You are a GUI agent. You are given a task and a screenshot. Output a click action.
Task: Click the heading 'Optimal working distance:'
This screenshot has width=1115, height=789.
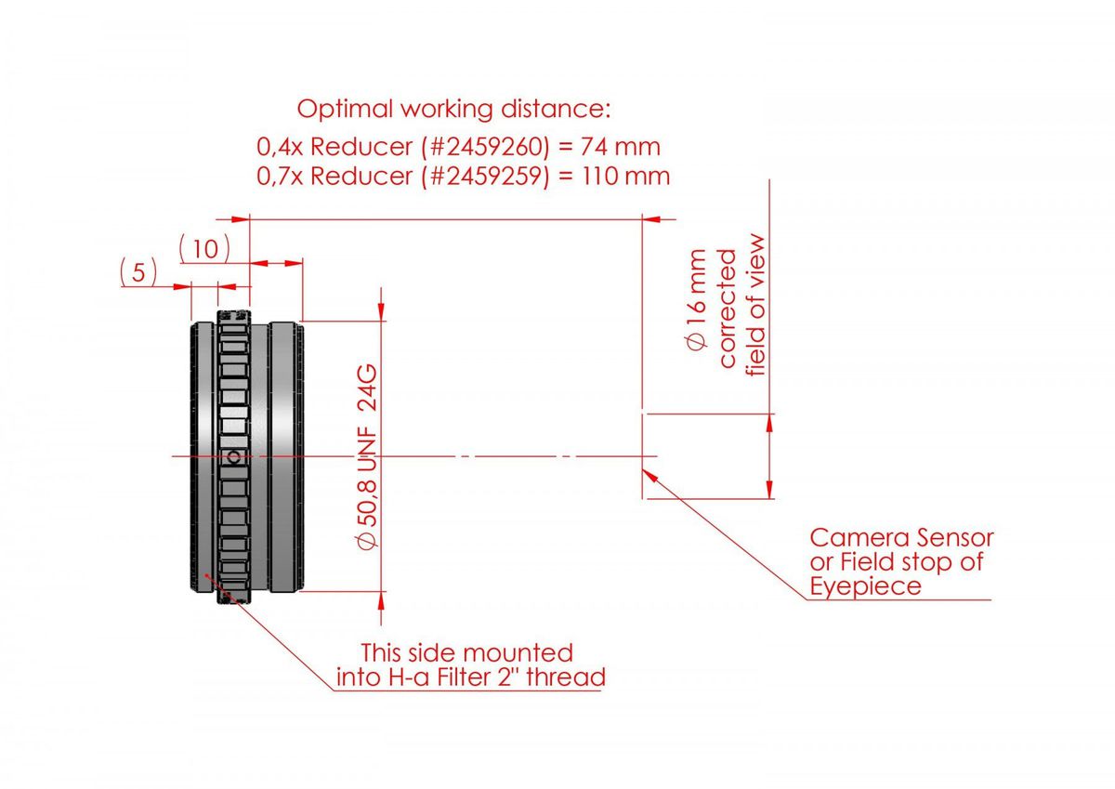(453, 109)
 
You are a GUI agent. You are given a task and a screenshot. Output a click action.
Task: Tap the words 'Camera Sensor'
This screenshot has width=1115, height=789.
(901, 538)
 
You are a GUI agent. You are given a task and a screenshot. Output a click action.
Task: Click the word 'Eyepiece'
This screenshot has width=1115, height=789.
(865, 586)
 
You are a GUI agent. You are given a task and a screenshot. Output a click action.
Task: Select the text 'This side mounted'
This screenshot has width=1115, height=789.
(466, 652)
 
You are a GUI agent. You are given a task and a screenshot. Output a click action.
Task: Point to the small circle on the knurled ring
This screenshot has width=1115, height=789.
(234, 456)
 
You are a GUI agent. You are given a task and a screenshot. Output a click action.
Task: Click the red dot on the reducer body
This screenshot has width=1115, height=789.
(206, 576)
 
